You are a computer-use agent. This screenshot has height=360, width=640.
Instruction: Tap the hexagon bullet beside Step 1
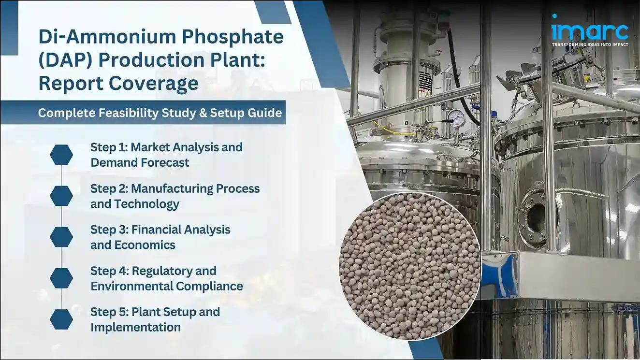pyautogui.click(x=61, y=155)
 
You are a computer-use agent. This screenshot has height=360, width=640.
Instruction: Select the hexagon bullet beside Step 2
pyautogui.click(x=61, y=196)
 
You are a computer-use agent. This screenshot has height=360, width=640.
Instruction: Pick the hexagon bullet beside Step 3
pyautogui.click(x=61, y=237)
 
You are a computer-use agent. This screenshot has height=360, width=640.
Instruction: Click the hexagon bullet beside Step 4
pyautogui.click(x=61, y=278)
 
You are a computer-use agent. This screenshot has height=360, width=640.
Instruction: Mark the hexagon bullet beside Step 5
pyautogui.click(x=61, y=319)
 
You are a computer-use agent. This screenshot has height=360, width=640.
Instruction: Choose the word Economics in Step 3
pyautogui.click(x=144, y=245)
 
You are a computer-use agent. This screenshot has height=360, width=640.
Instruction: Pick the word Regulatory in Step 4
pyautogui.click(x=173, y=271)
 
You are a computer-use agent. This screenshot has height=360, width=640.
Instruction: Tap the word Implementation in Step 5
pyautogui.click(x=135, y=327)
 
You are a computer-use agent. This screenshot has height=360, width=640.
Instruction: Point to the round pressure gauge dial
pyautogui.click(x=455, y=117)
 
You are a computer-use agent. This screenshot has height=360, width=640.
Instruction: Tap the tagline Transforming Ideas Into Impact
pyautogui.click(x=590, y=44)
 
